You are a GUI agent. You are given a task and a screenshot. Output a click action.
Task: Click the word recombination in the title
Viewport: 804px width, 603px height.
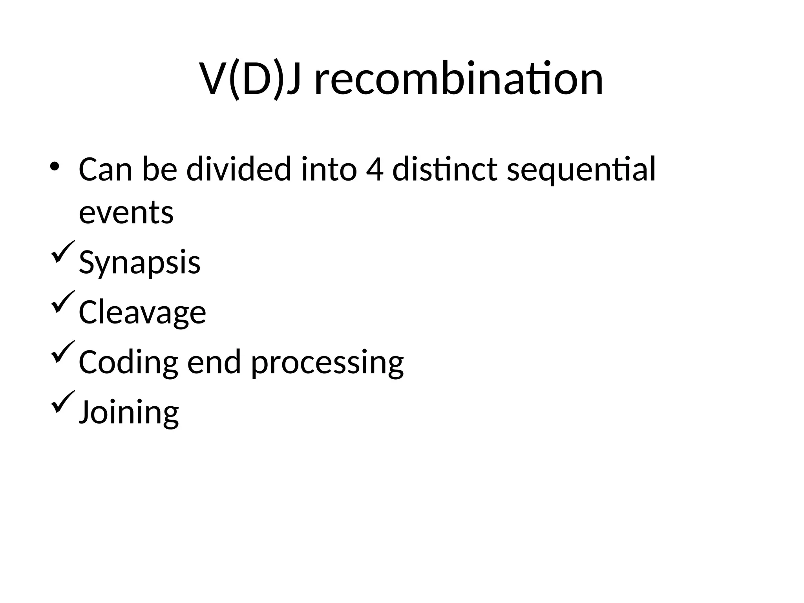[459, 79]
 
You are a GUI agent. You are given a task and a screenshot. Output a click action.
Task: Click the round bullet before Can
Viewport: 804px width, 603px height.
[55, 166]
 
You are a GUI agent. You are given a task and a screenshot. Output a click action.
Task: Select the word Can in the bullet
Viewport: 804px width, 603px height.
[105, 170]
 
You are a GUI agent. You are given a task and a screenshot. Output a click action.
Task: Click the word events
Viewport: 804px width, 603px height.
[126, 213]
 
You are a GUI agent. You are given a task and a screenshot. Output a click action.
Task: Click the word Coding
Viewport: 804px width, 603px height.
[128, 363]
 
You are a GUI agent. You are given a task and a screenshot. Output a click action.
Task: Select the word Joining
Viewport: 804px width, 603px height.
[129, 413]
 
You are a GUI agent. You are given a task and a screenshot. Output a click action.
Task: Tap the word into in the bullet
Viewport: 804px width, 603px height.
[329, 170]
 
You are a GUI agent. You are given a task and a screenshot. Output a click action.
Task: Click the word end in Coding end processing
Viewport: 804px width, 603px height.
[214, 362]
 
